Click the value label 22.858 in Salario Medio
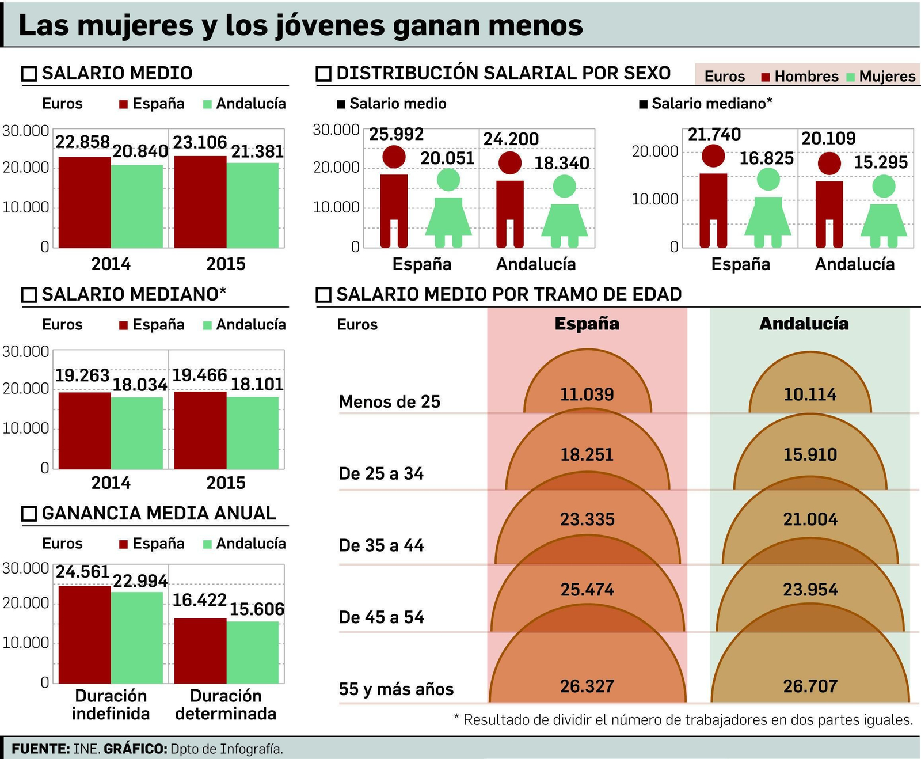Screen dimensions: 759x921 coord(83,142)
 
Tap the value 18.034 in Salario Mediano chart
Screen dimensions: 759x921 coord(139,384)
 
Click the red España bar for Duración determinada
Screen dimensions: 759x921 coord(200,651)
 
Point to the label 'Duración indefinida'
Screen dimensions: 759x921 coord(111,704)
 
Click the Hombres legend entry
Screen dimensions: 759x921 coord(800,77)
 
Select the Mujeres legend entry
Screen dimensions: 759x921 coord(882,77)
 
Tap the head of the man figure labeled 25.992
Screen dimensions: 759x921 coord(394,157)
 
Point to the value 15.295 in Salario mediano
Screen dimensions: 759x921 coord(880,162)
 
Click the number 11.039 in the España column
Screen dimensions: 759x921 coord(587,394)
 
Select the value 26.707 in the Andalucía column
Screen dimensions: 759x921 coord(810,686)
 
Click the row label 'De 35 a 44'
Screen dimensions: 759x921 coord(381,545)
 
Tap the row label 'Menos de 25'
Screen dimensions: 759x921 coord(389,401)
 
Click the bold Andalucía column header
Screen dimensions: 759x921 coord(804,324)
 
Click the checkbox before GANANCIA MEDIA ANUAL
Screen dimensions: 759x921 coord(29,514)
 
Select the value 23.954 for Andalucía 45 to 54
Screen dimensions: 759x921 coord(810,589)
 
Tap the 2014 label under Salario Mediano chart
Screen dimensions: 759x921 coord(111,483)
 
